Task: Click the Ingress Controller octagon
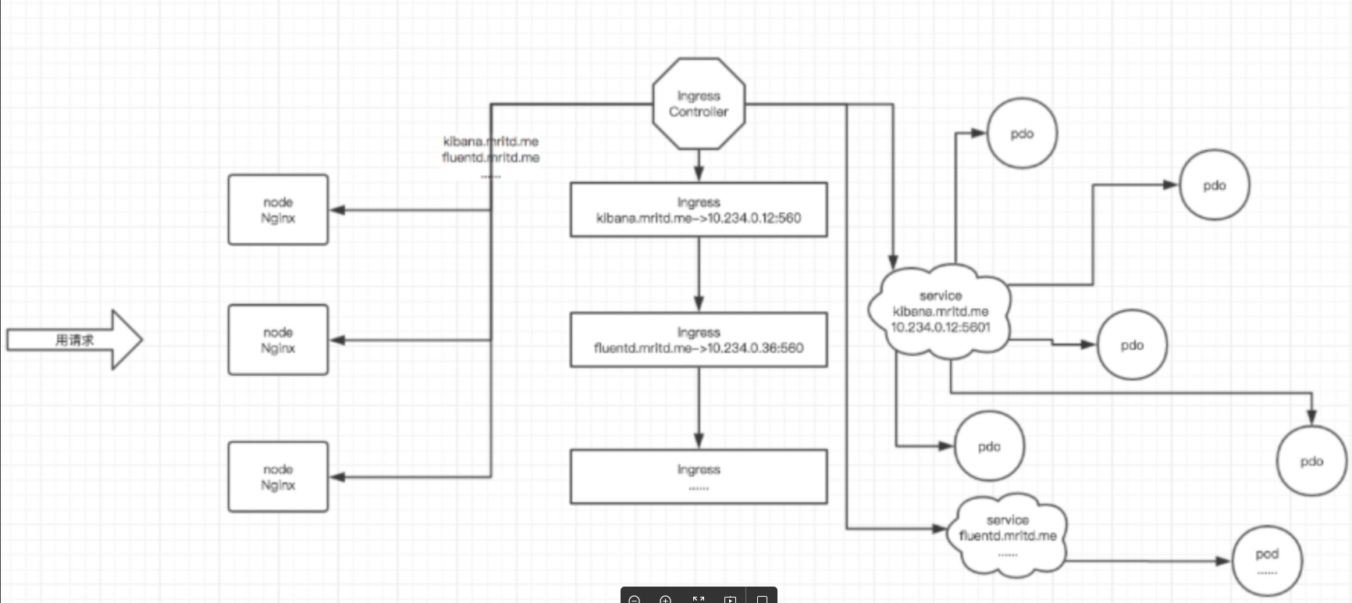pyautogui.click(x=699, y=104)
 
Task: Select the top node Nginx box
pyautogui.click(x=278, y=210)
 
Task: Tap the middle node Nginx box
pyautogui.click(x=278, y=340)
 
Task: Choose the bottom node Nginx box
pyautogui.click(x=278, y=476)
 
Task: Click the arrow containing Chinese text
pyautogui.click(x=74, y=340)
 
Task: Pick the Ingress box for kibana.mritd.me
pyautogui.click(x=699, y=210)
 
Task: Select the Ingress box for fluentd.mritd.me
pyautogui.click(x=699, y=340)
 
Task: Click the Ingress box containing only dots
pyautogui.click(x=699, y=476)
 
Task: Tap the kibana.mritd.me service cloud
pyautogui.click(x=940, y=311)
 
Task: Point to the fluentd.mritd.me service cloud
pyautogui.click(x=1007, y=535)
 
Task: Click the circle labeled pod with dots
pyautogui.click(x=1267, y=561)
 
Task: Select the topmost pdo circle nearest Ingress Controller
pyautogui.click(x=1022, y=134)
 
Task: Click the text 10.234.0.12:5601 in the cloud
pyautogui.click(x=941, y=327)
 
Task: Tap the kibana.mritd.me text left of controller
pyautogui.click(x=491, y=141)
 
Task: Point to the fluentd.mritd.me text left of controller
pyautogui.click(x=491, y=158)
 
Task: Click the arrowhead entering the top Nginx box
pyautogui.click(x=337, y=210)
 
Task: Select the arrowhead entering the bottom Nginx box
pyautogui.click(x=337, y=476)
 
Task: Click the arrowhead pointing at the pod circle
pyautogui.click(x=1223, y=561)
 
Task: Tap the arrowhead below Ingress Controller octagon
pyautogui.click(x=699, y=174)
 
